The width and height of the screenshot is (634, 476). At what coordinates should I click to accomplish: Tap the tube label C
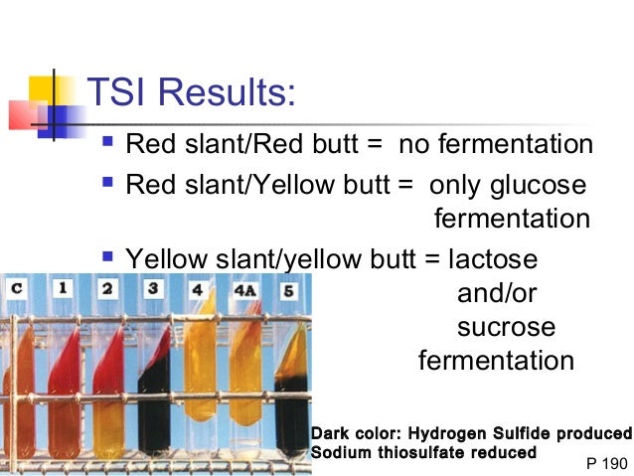tap(17, 289)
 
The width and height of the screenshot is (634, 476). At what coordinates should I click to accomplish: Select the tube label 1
tap(62, 289)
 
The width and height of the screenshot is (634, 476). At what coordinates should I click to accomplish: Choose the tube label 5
tap(289, 292)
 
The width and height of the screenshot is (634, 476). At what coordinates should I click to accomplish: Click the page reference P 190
tap(607, 463)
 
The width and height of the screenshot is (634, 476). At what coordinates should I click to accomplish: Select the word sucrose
tap(506, 327)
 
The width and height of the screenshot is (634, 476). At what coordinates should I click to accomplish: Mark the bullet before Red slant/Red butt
tap(108, 143)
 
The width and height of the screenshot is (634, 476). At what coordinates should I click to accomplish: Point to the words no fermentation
tap(496, 145)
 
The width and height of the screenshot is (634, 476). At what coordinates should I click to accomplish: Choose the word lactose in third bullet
tap(493, 259)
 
